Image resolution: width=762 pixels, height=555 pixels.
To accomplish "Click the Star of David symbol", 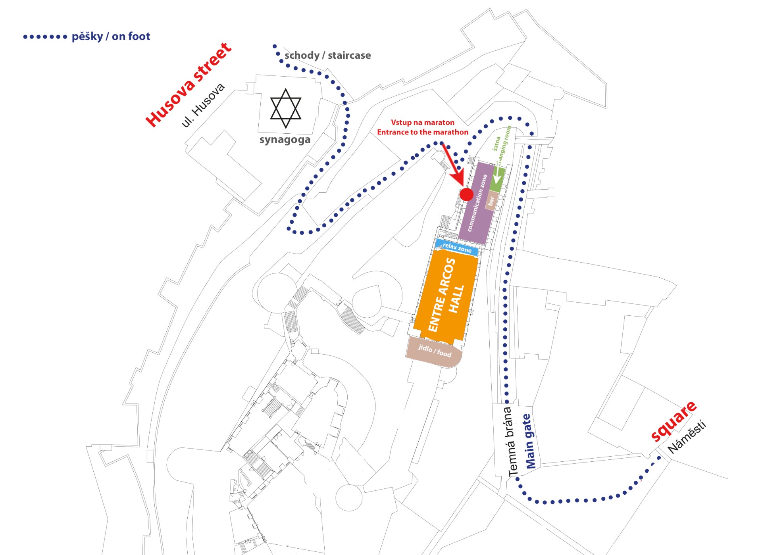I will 285,108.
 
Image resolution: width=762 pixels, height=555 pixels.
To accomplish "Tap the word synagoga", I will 285,140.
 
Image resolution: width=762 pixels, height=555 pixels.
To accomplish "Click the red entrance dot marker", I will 466,194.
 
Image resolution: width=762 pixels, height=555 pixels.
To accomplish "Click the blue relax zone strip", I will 456,247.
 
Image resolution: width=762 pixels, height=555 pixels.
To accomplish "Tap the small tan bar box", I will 491,201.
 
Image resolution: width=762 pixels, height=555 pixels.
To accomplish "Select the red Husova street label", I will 188,85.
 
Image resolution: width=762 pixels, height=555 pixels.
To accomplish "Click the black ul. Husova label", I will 203,105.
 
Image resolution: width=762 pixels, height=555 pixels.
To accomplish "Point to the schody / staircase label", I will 328,55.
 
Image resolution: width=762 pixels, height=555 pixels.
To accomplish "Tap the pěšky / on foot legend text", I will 111,36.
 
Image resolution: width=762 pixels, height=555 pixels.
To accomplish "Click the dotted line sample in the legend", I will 45,37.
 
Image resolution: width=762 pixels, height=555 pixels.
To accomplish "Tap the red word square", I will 673,421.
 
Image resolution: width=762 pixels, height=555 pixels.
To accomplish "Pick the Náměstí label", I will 687,436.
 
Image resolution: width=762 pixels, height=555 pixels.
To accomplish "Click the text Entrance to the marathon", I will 423,132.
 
